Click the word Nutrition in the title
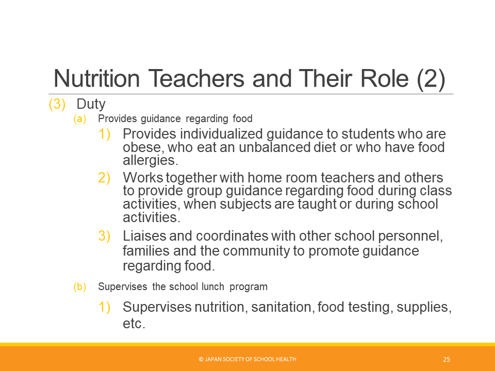(x=96, y=78)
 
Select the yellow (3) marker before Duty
(x=57, y=104)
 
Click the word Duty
(x=91, y=104)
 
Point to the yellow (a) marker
(x=79, y=119)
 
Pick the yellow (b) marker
(x=79, y=286)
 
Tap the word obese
(x=143, y=148)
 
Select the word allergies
(x=151, y=161)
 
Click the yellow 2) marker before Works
(x=104, y=178)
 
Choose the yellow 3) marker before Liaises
(x=104, y=236)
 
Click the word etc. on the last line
(x=134, y=324)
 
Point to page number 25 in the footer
(x=447, y=359)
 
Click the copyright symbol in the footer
(x=201, y=359)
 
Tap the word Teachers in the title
(x=196, y=78)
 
